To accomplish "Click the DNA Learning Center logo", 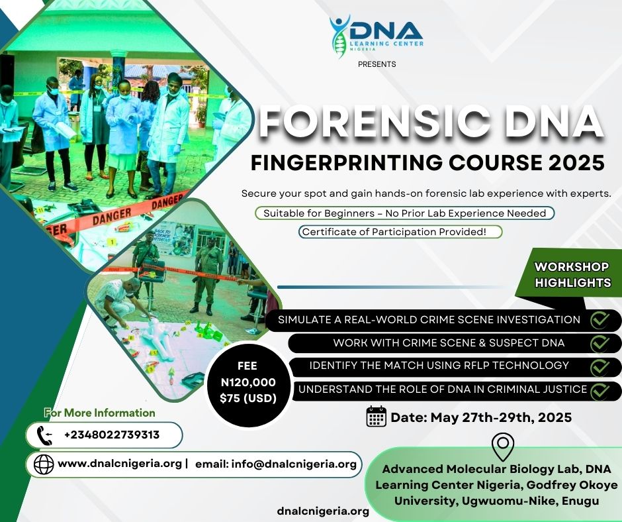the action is pos(376,36).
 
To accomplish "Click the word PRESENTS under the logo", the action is pos(377,64).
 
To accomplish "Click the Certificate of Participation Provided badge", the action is pos(400,232).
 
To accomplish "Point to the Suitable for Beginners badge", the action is pos(404,213).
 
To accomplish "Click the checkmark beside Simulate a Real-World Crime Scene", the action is pos(600,320).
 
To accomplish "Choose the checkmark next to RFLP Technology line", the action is pos(600,368).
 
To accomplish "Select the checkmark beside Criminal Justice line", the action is pos(600,391).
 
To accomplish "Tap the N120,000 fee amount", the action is pos(248,382).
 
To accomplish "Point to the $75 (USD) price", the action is pos(248,398).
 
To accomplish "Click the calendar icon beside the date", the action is pos(377,416).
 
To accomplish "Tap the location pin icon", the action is pos(503,446).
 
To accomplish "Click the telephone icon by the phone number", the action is pos(44,435).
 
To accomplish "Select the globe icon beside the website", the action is pos(44,464).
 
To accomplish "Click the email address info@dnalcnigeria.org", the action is pos(294,464).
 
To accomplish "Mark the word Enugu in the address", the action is pos(580,501).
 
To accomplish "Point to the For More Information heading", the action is pos(99,413).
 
